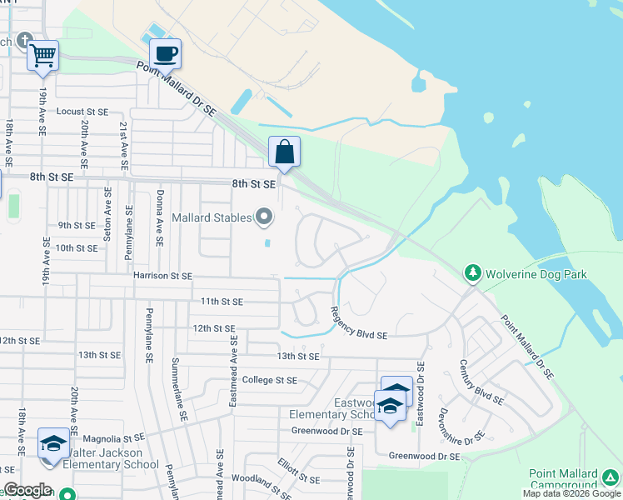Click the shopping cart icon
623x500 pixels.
point(42,56)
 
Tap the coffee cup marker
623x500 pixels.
point(165,54)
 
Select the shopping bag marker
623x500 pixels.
point(284,152)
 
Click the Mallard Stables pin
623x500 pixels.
point(265,218)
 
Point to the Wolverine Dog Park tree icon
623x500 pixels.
point(473,273)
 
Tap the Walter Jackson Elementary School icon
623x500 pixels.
point(53,443)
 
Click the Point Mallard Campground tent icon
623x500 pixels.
point(611,477)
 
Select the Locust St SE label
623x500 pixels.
point(82,112)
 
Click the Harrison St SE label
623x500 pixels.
point(162,276)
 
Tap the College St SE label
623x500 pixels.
point(269,380)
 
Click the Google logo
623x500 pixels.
point(27,491)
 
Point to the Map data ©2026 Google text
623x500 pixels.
point(571,493)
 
